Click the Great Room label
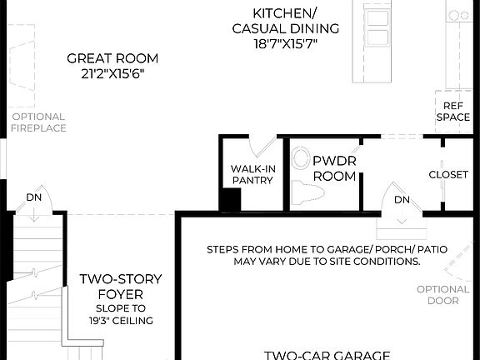point(112,58)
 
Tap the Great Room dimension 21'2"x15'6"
point(112,73)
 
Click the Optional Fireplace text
point(38,122)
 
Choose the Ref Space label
point(452,112)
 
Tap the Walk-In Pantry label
point(253,173)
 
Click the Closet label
point(447,174)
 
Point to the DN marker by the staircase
point(34,198)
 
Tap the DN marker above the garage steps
point(402,200)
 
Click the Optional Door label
point(444,295)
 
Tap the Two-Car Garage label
point(327,353)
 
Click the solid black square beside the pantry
point(230,200)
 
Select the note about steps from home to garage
point(312,255)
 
